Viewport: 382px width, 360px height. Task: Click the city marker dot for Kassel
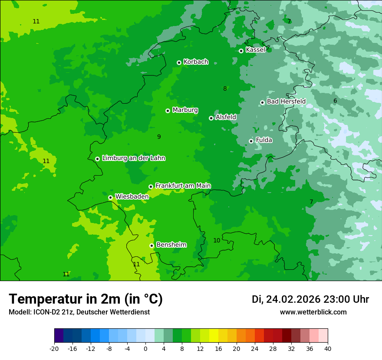[x=241, y=51]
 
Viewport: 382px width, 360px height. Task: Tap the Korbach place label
[x=196, y=62]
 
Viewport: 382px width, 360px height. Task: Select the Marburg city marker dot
[x=168, y=111]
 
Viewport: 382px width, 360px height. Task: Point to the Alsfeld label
[x=226, y=117]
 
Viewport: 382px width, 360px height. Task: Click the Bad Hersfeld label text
[x=286, y=101]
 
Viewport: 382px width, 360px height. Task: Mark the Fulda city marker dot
[x=251, y=141]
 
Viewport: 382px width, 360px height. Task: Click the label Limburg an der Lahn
[x=133, y=158]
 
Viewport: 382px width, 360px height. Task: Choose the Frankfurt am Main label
[x=183, y=186]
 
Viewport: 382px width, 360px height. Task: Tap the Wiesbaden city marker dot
[x=110, y=197]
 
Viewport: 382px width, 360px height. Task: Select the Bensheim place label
[x=171, y=245]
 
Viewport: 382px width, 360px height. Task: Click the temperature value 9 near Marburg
[x=159, y=137]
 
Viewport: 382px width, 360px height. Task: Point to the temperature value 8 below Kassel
[x=225, y=89]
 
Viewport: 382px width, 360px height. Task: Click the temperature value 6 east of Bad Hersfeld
[x=335, y=101]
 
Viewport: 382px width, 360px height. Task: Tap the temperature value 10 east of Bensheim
[x=217, y=241]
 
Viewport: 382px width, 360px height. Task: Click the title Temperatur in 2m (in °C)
[x=86, y=299]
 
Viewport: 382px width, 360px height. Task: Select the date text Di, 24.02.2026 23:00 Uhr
[x=310, y=299]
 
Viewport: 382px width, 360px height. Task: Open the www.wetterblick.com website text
[x=313, y=312]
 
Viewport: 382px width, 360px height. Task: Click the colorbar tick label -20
[x=54, y=349]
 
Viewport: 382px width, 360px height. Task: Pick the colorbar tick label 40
[x=328, y=349]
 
